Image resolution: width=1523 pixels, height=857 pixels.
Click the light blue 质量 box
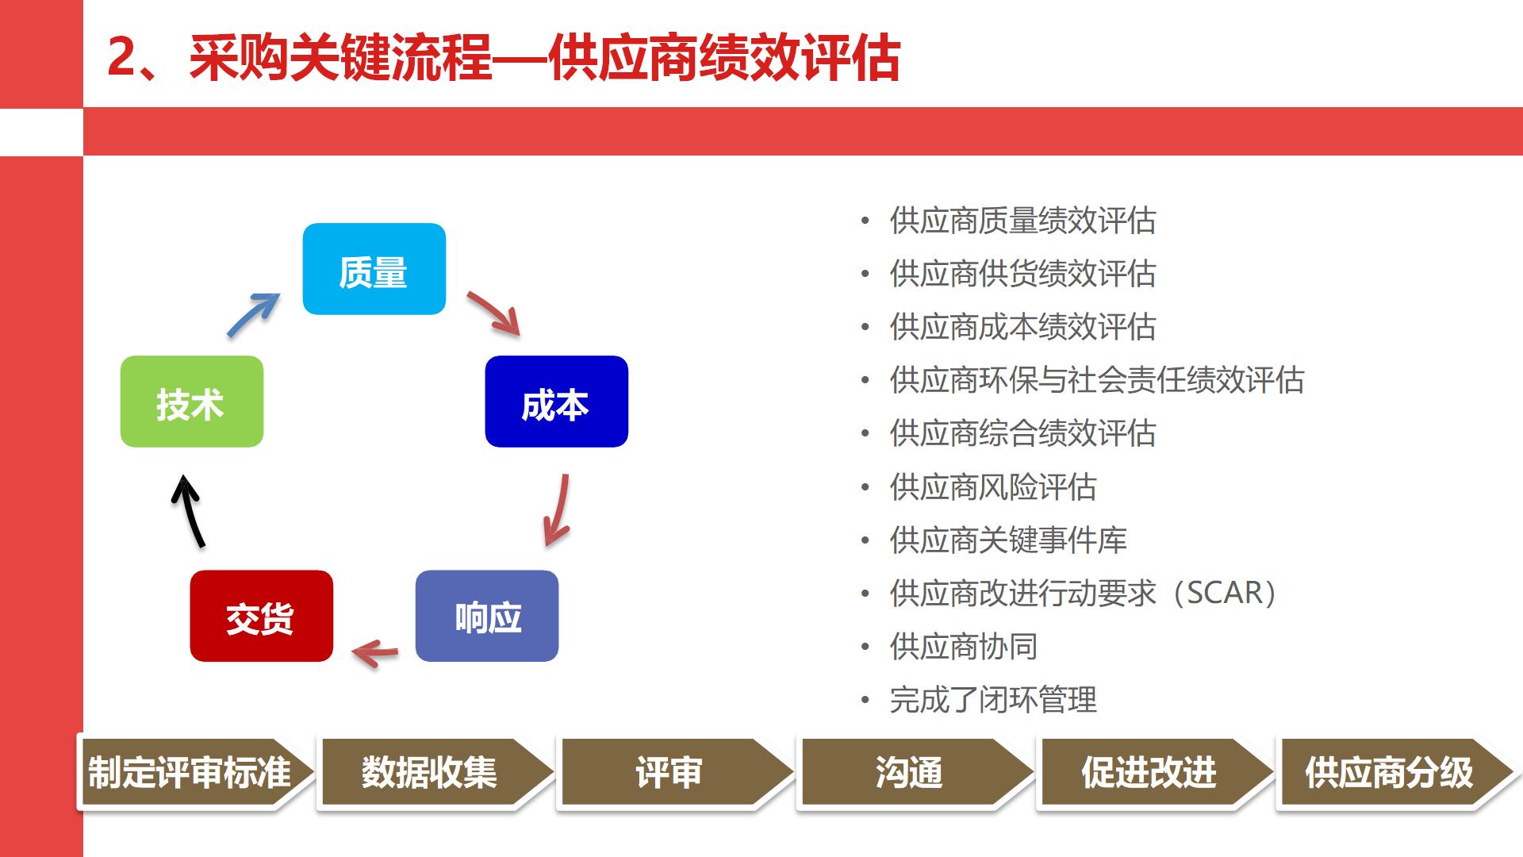374,269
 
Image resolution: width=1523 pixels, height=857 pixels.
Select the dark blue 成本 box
556,402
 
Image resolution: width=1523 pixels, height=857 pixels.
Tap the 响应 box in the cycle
486,616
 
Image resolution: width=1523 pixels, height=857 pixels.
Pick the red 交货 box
261,616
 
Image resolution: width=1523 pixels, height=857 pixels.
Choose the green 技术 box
191,402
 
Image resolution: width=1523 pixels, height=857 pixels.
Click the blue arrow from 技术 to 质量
252,314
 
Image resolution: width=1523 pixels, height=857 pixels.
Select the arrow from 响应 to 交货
375,653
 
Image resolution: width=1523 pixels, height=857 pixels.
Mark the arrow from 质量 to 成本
493,313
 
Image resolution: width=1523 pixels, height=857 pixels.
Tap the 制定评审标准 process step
190,772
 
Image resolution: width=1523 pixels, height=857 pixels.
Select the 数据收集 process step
429,772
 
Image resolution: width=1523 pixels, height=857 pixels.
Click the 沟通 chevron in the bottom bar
909,772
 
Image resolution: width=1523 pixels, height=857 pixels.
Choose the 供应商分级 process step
1390,772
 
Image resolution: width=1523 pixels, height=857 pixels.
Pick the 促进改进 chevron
1149,772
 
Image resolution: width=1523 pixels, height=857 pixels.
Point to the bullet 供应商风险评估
993,486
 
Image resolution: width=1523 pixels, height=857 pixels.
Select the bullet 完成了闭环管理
993,700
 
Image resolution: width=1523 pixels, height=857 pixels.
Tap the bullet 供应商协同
964,647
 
